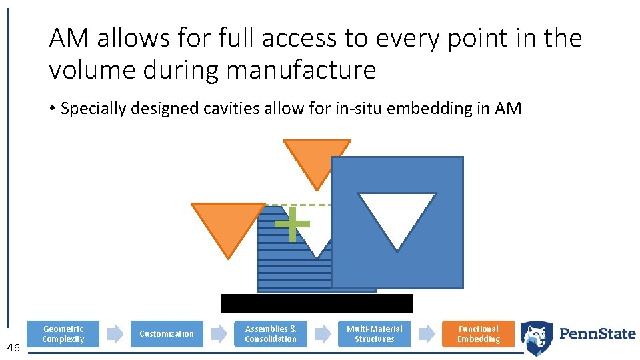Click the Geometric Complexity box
(63, 334)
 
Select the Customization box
(167, 334)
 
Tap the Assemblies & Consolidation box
(271, 334)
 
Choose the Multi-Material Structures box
(375, 334)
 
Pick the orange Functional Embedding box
(479, 334)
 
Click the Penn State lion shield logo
(536, 337)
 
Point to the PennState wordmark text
(597, 333)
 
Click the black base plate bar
(317, 303)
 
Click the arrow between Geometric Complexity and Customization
(115, 334)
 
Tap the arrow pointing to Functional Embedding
(427, 334)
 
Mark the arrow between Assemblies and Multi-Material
(323, 334)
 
